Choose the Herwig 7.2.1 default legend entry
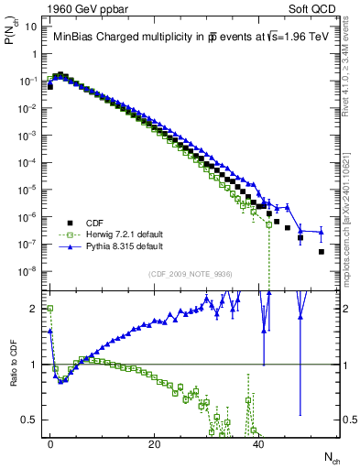[113, 234]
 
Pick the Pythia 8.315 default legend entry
[112, 246]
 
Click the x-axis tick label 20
[155, 442]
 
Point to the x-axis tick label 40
[259, 442]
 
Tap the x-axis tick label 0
[50, 442]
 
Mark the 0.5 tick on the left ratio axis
[35, 420]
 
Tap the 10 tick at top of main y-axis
[33, 27]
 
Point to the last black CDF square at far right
[322, 251]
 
